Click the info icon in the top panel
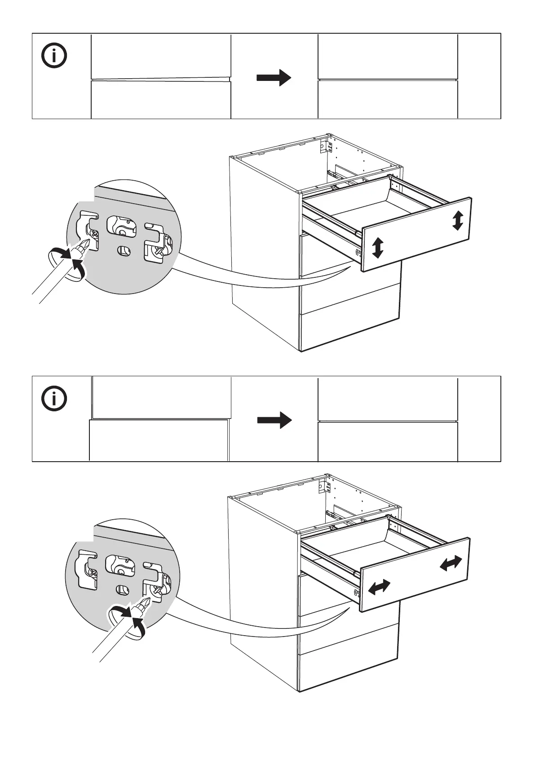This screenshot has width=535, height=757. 54,56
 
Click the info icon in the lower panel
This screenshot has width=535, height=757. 54,398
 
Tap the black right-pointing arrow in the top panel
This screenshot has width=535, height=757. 274,77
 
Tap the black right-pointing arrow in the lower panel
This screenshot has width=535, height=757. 274,420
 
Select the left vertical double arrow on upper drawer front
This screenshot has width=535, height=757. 378,248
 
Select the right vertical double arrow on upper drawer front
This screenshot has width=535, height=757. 457,221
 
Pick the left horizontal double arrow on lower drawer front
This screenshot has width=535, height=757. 379,587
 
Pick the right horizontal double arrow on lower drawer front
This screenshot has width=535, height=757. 451,563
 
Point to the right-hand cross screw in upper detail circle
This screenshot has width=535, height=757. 159,252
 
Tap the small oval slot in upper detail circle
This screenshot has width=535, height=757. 123,249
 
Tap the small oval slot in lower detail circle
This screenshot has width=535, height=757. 122,589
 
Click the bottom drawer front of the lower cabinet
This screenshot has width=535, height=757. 349,672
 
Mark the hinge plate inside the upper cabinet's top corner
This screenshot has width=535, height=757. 323,146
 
